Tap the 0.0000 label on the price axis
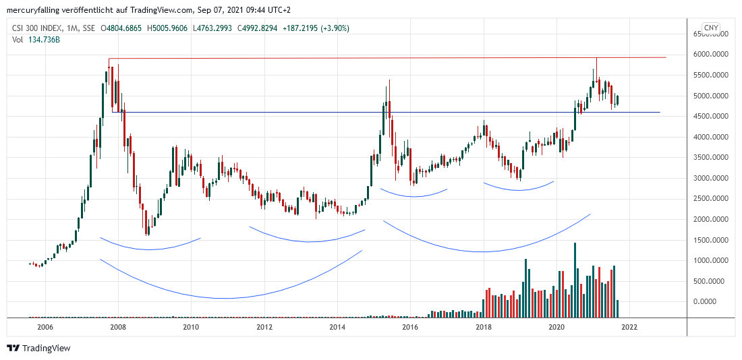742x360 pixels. (x=718, y=301)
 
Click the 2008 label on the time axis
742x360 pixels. (x=118, y=327)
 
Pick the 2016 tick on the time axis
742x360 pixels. (x=410, y=327)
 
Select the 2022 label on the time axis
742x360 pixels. (x=629, y=327)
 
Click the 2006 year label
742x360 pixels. (x=45, y=327)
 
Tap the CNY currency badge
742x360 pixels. (x=710, y=28)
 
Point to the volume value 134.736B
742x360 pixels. (x=43, y=39)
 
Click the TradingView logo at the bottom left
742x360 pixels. (x=38, y=348)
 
